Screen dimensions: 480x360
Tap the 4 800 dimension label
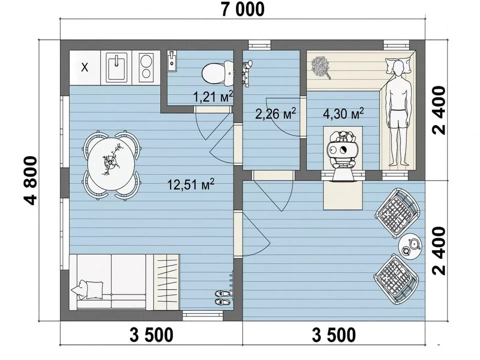pyautogui.click(x=30, y=180)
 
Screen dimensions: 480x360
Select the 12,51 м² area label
pyautogui.click(x=190, y=184)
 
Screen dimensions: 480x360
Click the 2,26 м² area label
pyautogui.click(x=275, y=113)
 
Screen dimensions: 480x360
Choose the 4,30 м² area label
pyautogui.click(x=343, y=113)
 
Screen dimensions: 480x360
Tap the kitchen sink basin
pyautogui.click(x=116, y=67)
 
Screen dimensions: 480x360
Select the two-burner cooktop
pyautogui.click(x=146, y=67)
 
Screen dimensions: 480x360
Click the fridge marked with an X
pyautogui.click(x=85, y=67)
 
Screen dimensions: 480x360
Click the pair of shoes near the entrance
pyautogui.click(x=222, y=297)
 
